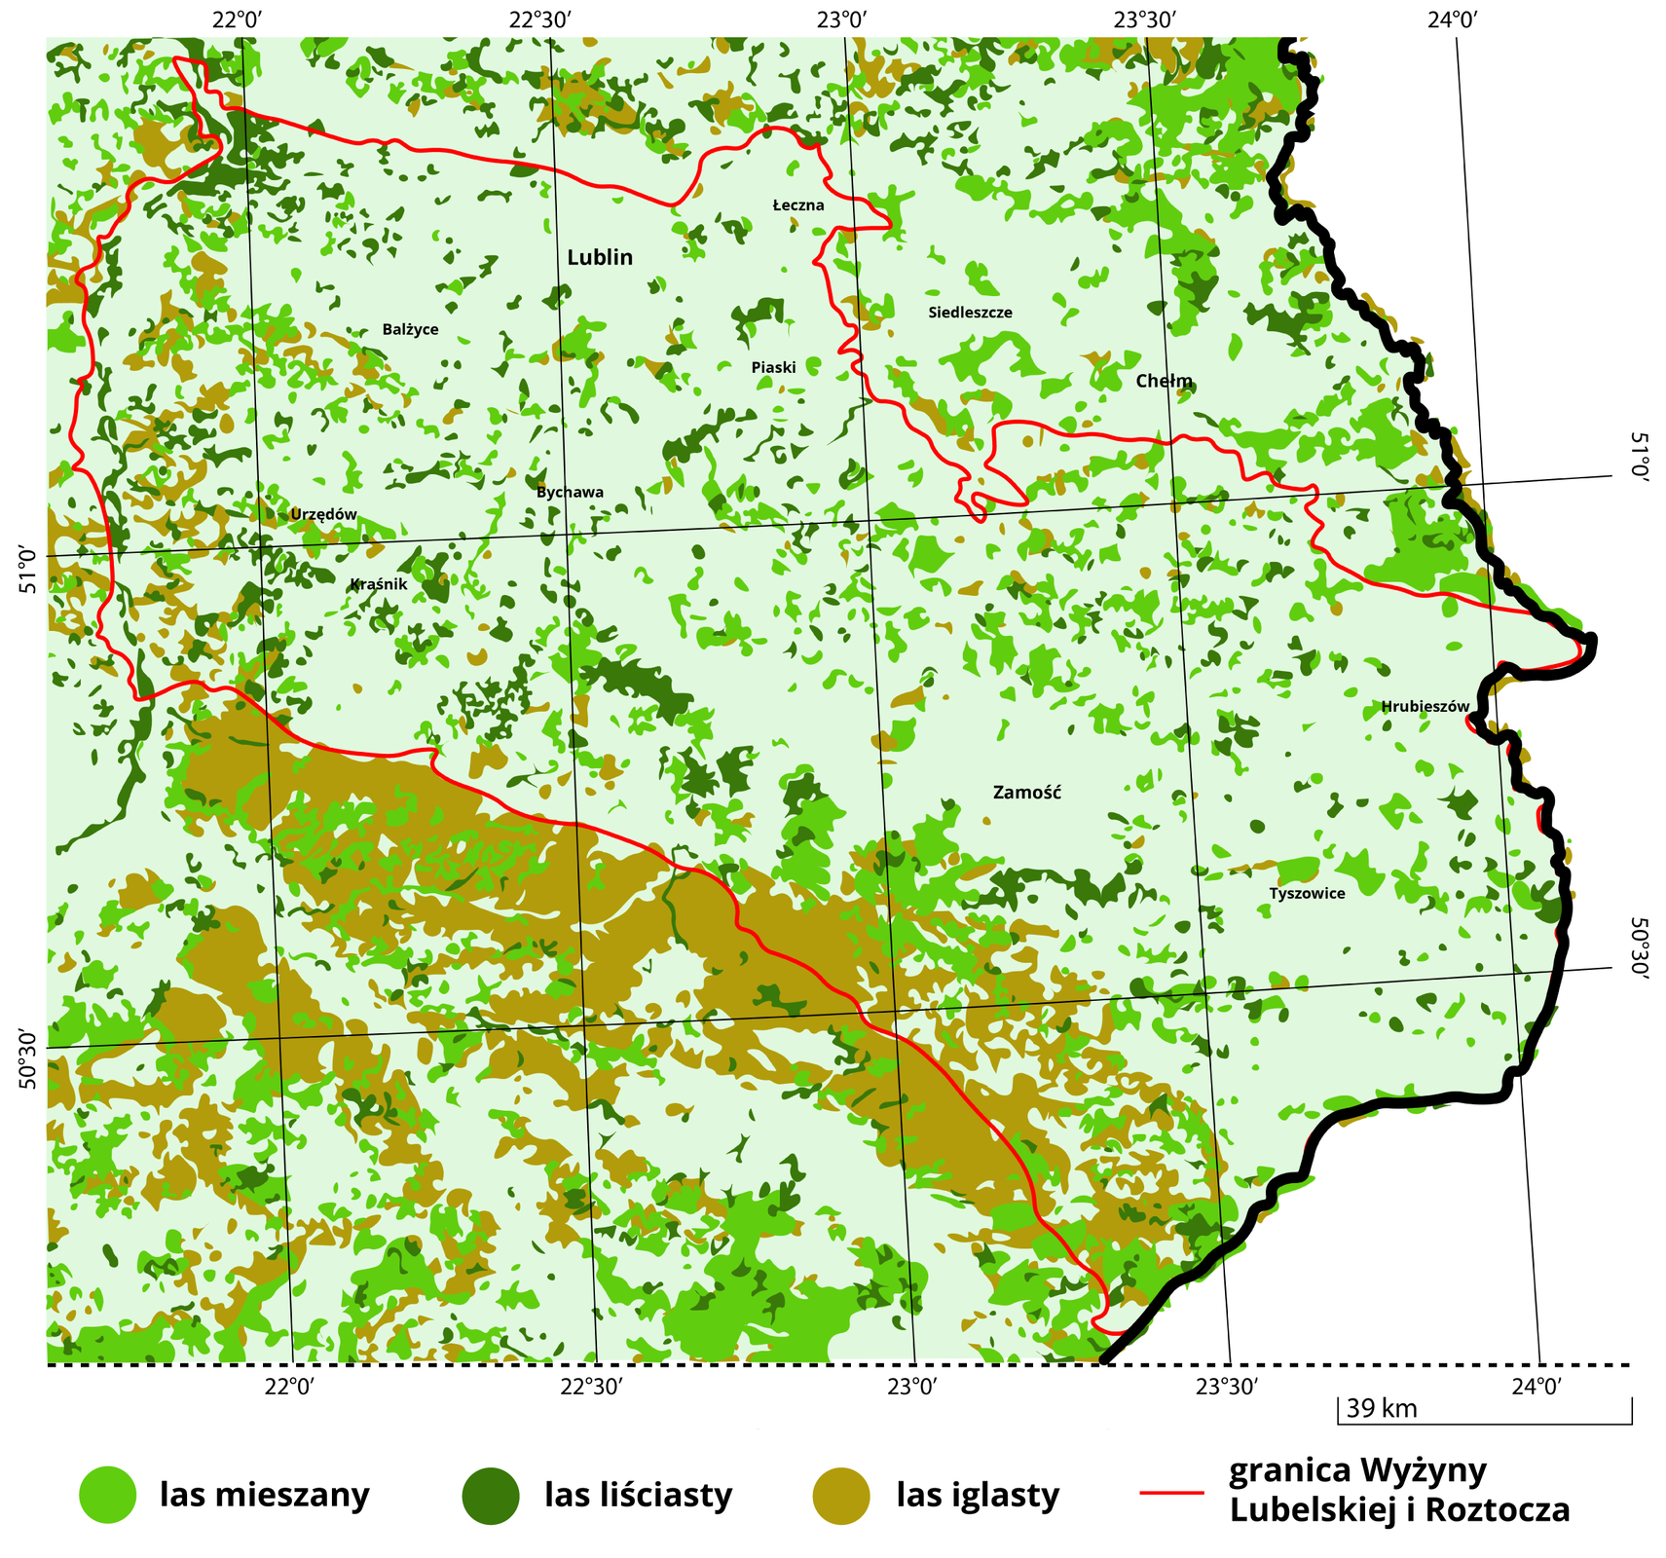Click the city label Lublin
(x=600, y=258)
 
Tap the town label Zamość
(x=1026, y=793)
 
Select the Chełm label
(x=1164, y=382)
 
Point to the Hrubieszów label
(x=1425, y=707)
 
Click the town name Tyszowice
(x=1307, y=894)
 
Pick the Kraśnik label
(x=378, y=584)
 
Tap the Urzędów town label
(x=324, y=514)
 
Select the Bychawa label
(x=570, y=493)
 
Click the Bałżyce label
(x=410, y=330)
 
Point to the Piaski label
(x=773, y=368)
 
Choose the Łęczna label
(x=798, y=205)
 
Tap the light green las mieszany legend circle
(x=107, y=1495)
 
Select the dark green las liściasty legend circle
(x=491, y=1495)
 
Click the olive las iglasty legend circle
(x=840, y=1495)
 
